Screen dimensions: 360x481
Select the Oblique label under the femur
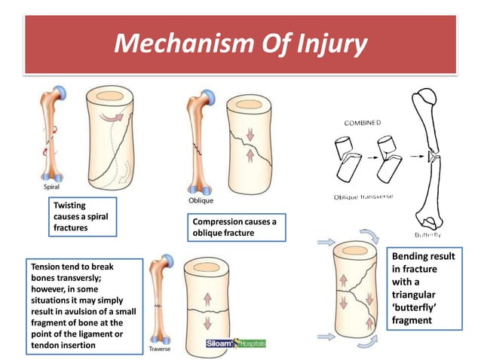tap(201, 200)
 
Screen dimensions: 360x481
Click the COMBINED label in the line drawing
tap(363, 122)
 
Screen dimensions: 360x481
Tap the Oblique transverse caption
tap(363, 197)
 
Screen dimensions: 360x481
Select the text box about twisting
tap(83, 217)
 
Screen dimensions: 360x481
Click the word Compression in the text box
tap(219, 222)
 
